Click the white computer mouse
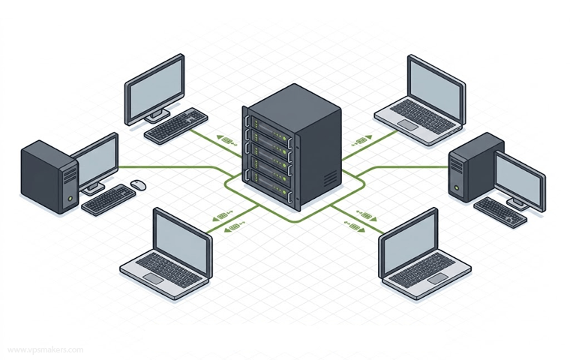click(139, 184)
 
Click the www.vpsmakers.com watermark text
click(46, 350)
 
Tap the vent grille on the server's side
click(330, 178)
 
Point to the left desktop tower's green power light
click(70, 198)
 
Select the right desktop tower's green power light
click(457, 188)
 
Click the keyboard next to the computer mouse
click(108, 199)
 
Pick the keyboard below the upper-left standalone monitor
click(176, 125)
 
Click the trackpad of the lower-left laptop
click(154, 279)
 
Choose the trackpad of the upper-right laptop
click(408, 124)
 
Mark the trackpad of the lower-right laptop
click(438, 278)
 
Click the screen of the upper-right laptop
click(436, 89)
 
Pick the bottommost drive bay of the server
click(270, 185)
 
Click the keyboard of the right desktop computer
click(500, 213)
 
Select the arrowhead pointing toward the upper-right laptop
click(369, 137)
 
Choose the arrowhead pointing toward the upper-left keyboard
click(219, 137)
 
